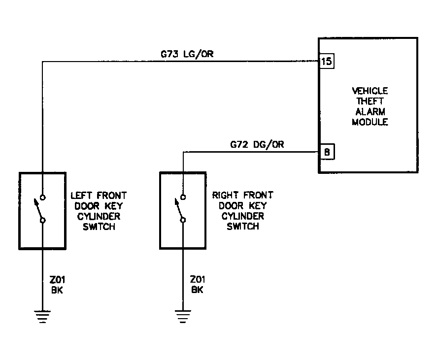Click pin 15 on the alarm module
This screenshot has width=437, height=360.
pos(326,61)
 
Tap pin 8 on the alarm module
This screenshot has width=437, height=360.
pos(327,152)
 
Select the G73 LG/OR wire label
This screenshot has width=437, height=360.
pos(187,54)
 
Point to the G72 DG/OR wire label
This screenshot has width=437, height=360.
pos(257,144)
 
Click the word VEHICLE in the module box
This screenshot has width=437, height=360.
pos(370,91)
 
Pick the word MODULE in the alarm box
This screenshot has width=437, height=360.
pos(370,122)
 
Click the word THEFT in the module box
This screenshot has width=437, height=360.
pos(370,101)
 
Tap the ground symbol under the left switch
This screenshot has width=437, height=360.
pos(42,317)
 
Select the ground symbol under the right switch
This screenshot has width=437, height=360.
pos(183,316)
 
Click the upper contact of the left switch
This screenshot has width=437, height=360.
pos(43,197)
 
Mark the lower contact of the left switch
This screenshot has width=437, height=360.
pos(43,221)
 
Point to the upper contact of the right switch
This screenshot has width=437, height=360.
pos(183,197)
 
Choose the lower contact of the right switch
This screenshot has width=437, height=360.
pos(183,220)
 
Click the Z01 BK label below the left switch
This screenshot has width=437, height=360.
pos(58,285)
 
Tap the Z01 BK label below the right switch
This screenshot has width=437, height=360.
pos(198,285)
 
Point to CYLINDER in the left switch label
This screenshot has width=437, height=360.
pos(99,217)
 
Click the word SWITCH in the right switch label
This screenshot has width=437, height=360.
pos(243,227)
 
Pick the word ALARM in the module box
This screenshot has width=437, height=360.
pos(370,112)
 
